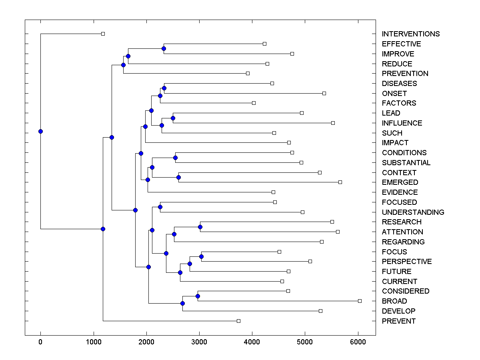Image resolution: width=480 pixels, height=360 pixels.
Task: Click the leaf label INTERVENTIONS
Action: click(x=410, y=34)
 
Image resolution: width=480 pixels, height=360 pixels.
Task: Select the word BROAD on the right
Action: click(x=394, y=301)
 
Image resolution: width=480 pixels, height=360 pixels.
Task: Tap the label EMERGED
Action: click(x=400, y=182)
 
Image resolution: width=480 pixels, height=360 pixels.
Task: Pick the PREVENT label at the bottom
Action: click(x=398, y=321)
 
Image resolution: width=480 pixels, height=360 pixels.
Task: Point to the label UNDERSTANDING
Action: click(x=413, y=212)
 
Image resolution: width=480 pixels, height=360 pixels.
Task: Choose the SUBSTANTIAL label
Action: click(x=406, y=163)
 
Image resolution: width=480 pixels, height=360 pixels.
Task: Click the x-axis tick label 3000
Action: click(x=199, y=342)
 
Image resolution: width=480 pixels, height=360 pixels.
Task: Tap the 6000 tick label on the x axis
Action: click(x=358, y=342)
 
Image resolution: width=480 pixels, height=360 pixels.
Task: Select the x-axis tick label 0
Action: click(x=40, y=342)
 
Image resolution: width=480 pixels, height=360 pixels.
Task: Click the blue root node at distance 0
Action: click(x=40, y=131)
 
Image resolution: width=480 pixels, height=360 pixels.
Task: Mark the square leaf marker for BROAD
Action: click(x=360, y=301)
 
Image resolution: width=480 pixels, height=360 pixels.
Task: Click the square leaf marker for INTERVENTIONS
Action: click(x=103, y=34)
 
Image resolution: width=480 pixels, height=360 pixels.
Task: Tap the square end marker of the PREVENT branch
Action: click(x=238, y=321)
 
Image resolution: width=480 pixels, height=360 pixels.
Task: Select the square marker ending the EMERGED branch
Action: click(x=340, y=182)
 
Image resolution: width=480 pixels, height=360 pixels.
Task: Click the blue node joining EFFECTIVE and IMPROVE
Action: click(x=164, y=48)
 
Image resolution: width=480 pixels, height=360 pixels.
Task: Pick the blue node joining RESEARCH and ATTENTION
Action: click(x=200, y=227)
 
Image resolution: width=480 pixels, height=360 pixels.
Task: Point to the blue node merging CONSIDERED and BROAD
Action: click(x=198, y=296)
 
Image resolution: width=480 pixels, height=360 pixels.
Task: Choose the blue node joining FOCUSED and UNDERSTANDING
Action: click(x=160, y=207)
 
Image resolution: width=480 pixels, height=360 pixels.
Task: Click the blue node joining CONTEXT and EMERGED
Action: click(x=178, y=177)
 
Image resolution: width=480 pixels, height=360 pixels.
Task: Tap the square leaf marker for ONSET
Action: click(x=324, y=93)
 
